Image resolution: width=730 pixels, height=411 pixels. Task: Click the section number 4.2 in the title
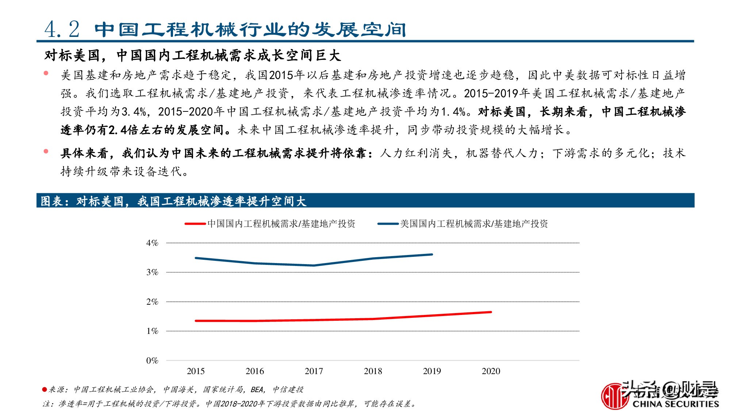click(x=62, y=29)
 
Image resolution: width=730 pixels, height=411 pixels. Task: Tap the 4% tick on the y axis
click(x=152, y=243)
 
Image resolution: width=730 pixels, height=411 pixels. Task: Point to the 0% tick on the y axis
click(x=152, y=361)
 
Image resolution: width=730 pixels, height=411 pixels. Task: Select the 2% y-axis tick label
click(x=152, y=302)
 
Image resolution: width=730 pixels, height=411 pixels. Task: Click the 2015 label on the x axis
click(x=196, y=371)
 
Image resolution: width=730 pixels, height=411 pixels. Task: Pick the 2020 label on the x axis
click(x=491, y=371)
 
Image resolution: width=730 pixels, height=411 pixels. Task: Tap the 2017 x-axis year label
click(x=314, y=371)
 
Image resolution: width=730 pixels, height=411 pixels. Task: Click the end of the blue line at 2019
click(x=432, y=254)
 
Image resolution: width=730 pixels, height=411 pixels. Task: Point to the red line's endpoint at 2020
click(x=491, y=312)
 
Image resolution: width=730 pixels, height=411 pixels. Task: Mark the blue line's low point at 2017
click(x=314, y=266)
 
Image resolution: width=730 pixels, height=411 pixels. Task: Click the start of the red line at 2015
click(x=196, y=321)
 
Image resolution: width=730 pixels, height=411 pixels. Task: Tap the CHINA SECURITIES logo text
click(x=675, y=404)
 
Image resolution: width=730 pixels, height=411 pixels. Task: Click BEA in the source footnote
click(x=257, y=390)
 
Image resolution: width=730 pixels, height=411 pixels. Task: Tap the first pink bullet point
click(x=46, y=73)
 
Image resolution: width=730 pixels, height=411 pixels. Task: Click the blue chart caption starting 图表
click(x=173, y=201)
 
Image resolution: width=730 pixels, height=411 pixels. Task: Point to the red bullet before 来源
click(x=45, y=390)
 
